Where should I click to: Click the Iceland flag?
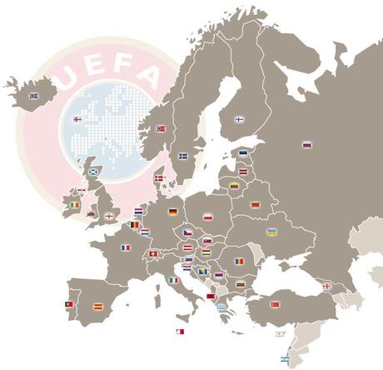(34, 96)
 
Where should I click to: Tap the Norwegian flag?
(162, 128)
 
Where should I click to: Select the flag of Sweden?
(183, 156)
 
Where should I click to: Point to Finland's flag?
(239, 119)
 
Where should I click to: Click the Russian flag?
(307, 144)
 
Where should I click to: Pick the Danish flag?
(159, 178)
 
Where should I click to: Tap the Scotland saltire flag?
(93, 172)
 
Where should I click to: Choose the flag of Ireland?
(76, 205)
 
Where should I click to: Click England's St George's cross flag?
(109, 216)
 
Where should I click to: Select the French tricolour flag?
(126, 247)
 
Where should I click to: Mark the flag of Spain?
(97, 306)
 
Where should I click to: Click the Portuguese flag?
(69, 304)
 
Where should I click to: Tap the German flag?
(173, 212)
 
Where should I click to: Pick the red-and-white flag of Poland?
(208, 217)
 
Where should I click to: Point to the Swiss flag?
(152, 253)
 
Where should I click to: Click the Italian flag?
(174, 280)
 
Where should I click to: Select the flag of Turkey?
(275, 304)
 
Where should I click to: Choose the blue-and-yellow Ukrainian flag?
(271, 232)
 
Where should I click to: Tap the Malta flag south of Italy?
(180, 332)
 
